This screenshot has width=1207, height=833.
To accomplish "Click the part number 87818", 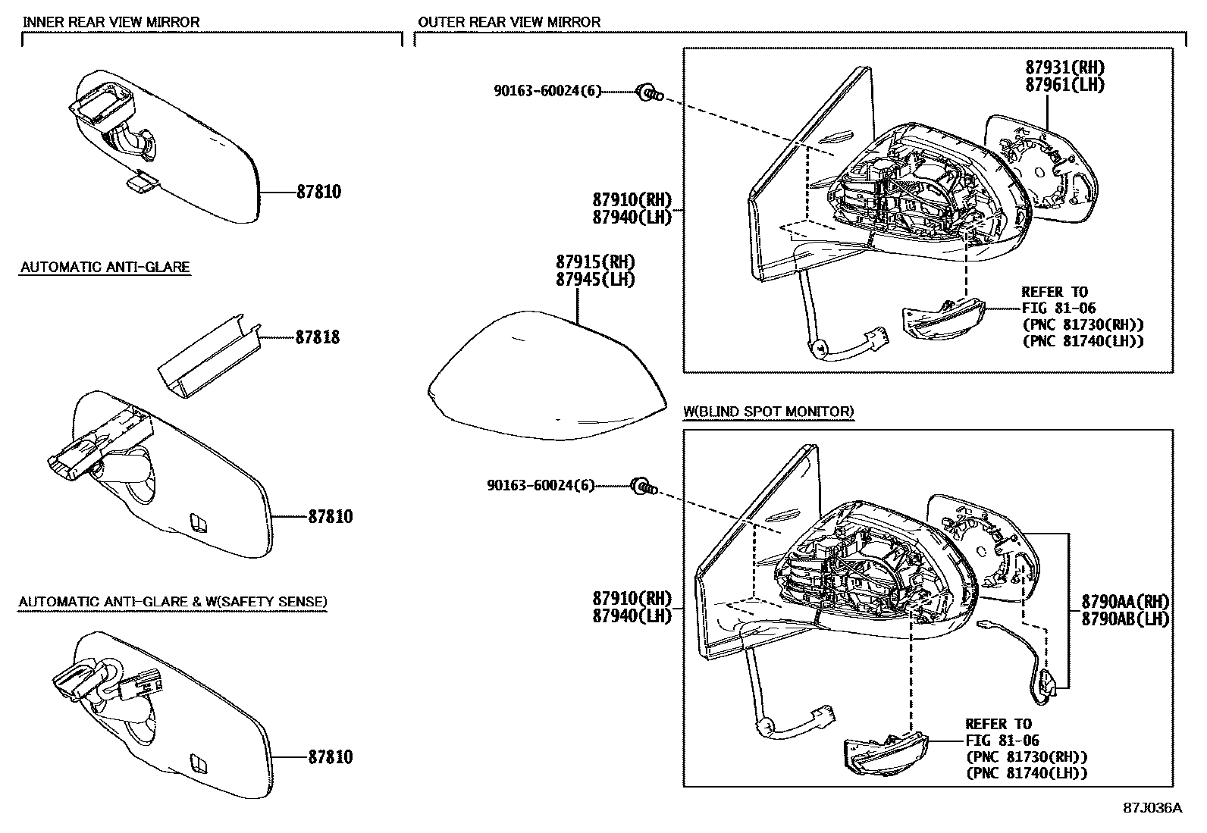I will point(318,337).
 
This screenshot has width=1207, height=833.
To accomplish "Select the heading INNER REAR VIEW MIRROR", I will point(111,22).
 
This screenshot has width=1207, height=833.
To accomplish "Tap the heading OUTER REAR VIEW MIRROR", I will point(509,22).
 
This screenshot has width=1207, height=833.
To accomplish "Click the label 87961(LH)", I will point(1064,85).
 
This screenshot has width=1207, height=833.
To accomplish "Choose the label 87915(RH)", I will point(595,262).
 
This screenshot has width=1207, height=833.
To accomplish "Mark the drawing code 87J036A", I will point(1152,808).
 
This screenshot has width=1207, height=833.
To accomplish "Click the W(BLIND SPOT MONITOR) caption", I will point(769,412).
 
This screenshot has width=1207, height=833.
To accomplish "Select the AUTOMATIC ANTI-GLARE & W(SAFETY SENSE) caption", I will point(173,602).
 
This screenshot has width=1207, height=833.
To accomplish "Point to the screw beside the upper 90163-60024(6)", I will point(648,93).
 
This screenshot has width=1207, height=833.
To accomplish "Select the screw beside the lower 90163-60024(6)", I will point(642,487).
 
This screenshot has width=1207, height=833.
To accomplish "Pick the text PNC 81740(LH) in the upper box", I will point(1083,341).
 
